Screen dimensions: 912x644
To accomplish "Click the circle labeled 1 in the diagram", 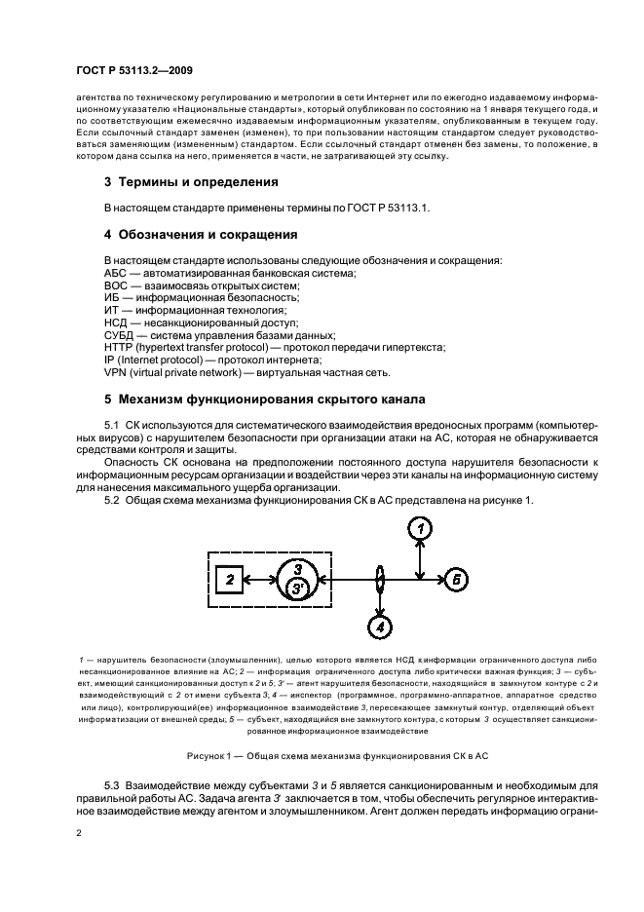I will point(419,528).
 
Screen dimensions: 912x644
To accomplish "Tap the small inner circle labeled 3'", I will point(295,588).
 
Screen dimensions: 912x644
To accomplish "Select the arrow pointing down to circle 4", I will point(381,602).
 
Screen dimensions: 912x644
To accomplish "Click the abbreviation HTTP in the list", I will point(118,346).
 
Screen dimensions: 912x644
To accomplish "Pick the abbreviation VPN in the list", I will point(116,371).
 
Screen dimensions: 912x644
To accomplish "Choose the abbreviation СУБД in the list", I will point(121,334).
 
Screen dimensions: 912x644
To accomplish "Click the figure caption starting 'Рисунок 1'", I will point(322,756).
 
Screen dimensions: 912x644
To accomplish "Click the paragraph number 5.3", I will point(116,784).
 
